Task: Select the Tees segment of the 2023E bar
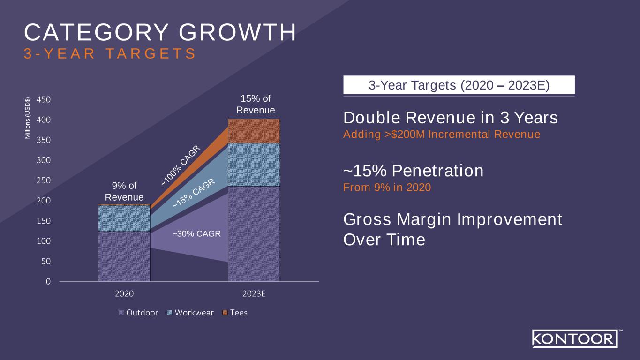(254, 131)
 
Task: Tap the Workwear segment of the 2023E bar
(254, 165)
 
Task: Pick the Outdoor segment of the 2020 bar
(124, 256)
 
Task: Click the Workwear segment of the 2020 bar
(124, 218)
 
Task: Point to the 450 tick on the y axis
(45, 99)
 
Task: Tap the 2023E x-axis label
(254, 294)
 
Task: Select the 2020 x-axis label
(124, 294)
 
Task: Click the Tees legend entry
(234, 313)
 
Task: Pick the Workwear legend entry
(190, 313)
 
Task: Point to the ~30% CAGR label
(196, 233)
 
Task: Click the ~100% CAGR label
(181, 165)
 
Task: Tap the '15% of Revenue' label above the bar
(256, 105)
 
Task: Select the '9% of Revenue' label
(124, 191)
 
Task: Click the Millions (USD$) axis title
(28, 117)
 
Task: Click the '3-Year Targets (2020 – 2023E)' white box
(459, 85)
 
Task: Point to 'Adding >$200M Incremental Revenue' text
(442, 135)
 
